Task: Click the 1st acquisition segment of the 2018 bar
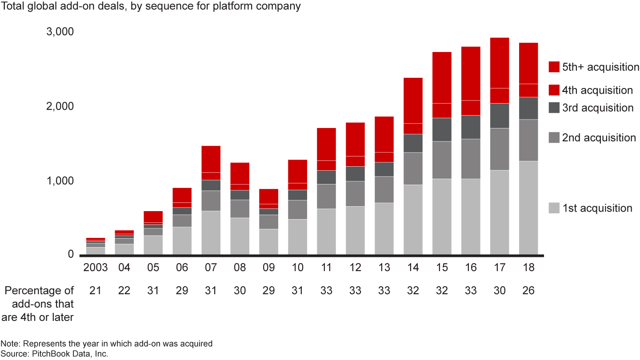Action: click(x=528, y=208)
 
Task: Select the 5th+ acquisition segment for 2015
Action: click(x=442, y=78)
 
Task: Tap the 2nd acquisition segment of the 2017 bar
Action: click(x=500, y=149)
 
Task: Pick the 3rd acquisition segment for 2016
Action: click(x=471, y=127)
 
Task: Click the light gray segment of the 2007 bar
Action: click(x=211, y=232)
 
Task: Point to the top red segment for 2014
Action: click(x=413, y=100)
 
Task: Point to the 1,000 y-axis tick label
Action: click(x=60, y=181)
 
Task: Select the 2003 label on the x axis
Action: click(x=96, y=268)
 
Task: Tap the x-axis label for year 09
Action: click(x=268, y=268)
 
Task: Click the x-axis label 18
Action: click(x=528, y=268)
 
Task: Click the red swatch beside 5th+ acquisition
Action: click(x=554, y=67)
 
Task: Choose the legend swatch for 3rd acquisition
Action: click(x=554, y=108)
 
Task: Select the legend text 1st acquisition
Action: click(x=597, y=208)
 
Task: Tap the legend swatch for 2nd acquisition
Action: click(x=554, y=138)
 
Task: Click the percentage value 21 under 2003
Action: click(x=96, y=291)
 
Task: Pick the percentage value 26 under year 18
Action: click(x=528, y=291)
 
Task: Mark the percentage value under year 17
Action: click(x=500, y=291)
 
